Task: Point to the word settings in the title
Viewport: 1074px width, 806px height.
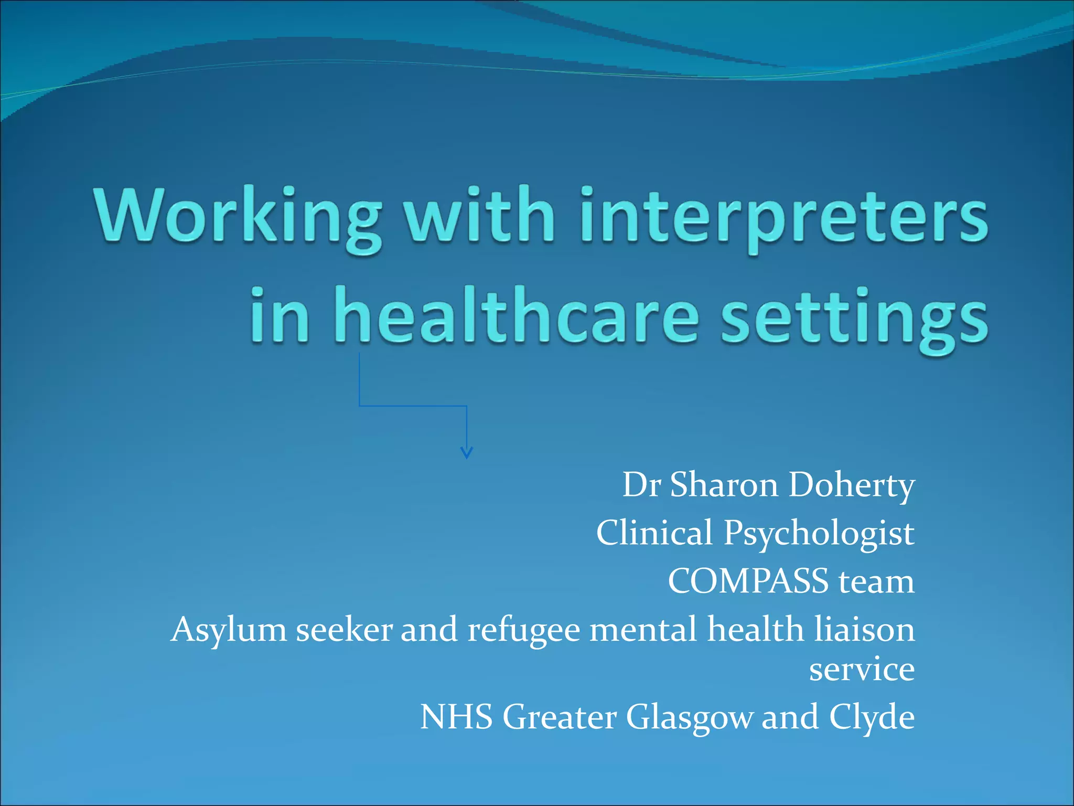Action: click(854, 317)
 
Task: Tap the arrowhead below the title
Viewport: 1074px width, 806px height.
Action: click(466, 452)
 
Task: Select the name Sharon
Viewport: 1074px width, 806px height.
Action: click(724, 485)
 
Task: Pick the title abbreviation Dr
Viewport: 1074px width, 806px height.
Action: click(641, 485)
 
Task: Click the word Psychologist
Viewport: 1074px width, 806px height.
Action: click(819, 533)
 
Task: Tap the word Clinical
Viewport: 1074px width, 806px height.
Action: click(654, 533)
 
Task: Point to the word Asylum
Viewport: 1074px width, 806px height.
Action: click(229, 630)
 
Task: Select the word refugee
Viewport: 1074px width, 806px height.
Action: click(524, 630)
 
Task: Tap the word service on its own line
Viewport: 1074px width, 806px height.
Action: click(862, 670)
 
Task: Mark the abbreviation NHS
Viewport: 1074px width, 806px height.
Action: click(456, 717)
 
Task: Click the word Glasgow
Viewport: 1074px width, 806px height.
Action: click(689, 717)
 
